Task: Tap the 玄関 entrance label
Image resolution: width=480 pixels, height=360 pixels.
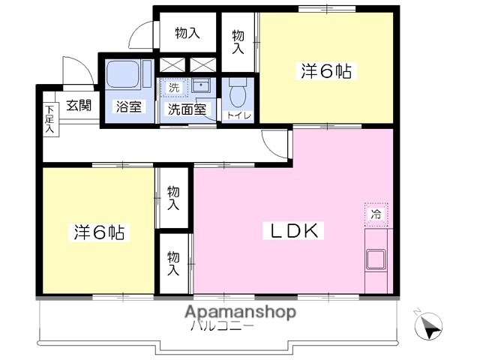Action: pos(78,106)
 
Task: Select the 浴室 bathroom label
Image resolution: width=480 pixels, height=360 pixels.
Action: pos(127,106)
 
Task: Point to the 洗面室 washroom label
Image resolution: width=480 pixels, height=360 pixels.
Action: pos(186,109)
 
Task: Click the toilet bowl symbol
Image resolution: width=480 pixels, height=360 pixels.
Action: pos(238,95)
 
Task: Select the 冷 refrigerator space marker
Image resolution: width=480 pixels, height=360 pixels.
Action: pos(376,214)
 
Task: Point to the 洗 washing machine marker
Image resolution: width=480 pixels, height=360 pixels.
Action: pos(174,87)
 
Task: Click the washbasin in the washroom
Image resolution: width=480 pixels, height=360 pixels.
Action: pos(200,86)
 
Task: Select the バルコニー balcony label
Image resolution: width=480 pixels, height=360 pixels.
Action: pos(222,327)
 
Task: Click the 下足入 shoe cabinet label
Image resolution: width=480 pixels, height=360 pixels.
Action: pos(49,119)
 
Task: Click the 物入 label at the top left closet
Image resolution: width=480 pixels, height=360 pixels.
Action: pos(187,33)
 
